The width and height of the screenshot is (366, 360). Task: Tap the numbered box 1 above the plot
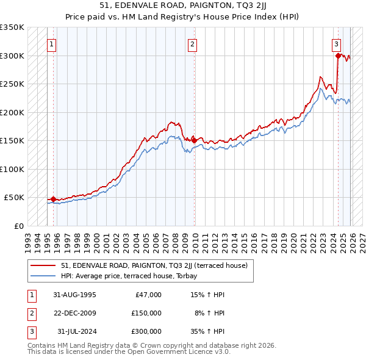pos(52,44)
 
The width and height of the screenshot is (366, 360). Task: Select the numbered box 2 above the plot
pos(192,44)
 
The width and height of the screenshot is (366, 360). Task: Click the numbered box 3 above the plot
pos(337,44)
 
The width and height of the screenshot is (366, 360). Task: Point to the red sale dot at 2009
pos(194,140)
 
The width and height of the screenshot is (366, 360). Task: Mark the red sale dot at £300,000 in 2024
pos(338,56)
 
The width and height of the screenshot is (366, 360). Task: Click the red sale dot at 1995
pos(53,199)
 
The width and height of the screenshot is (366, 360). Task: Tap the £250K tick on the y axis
pos(12,84)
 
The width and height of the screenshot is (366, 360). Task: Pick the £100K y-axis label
pos(12,169)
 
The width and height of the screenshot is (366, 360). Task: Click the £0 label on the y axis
pos(18,226)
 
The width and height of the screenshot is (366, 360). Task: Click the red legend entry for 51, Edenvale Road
pos(154,265)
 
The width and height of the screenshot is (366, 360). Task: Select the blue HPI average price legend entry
pos(145,275)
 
